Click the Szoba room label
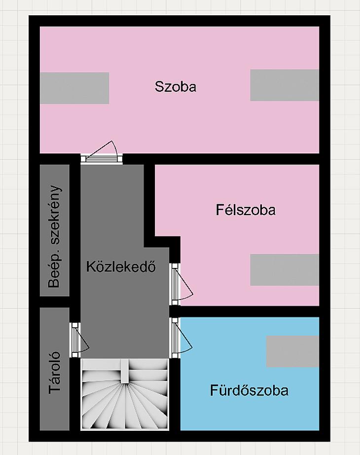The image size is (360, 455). point(176,86)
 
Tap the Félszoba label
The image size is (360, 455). point(246,210)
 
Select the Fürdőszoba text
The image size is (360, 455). point(249,390)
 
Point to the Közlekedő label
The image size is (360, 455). point(121,266)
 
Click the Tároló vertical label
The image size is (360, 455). point(55,373)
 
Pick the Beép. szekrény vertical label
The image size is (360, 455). point(55,236)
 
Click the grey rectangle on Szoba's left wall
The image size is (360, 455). point(74,88)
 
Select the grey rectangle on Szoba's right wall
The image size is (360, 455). point(285,85)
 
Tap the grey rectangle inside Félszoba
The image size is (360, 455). point(285,270)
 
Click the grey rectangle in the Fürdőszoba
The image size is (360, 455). point(293,351)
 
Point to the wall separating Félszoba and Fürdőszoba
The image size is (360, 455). point(250,311)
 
